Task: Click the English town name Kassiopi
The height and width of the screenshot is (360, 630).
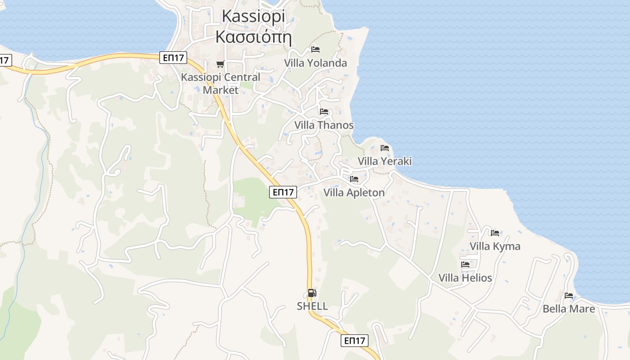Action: pos(254,17)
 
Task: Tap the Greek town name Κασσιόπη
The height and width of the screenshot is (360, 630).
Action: pos(254,36)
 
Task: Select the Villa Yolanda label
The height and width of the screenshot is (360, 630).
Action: pos(315,63)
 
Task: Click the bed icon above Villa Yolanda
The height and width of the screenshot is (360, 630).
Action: pos(315,49)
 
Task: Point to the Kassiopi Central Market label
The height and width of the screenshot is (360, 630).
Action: pos(220,83)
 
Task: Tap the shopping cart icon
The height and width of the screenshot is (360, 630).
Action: pos(220,64)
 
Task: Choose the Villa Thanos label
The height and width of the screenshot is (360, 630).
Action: pos(324,125)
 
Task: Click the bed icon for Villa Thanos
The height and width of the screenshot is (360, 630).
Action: pos(324,111)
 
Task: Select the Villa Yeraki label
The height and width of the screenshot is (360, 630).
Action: pos(385,161)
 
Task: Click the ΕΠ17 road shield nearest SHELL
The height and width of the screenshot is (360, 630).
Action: pos(354,341)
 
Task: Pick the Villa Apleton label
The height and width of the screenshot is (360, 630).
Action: pos(354,193)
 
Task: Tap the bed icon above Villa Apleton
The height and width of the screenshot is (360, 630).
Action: pos(354,179)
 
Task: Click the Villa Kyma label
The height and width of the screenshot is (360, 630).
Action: pos(495,246)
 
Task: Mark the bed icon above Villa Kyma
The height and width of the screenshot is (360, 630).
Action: pos(495,233)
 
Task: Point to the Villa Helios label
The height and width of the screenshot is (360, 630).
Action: pos(465,278)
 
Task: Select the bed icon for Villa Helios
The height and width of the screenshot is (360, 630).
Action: pos(465,264)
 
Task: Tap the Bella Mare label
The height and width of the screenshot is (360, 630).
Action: pos(569,309)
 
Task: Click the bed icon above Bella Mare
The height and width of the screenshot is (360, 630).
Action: pos(569,296)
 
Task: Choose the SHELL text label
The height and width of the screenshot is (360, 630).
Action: pos(312,306)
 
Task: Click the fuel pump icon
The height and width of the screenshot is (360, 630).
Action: pos(312,293)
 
